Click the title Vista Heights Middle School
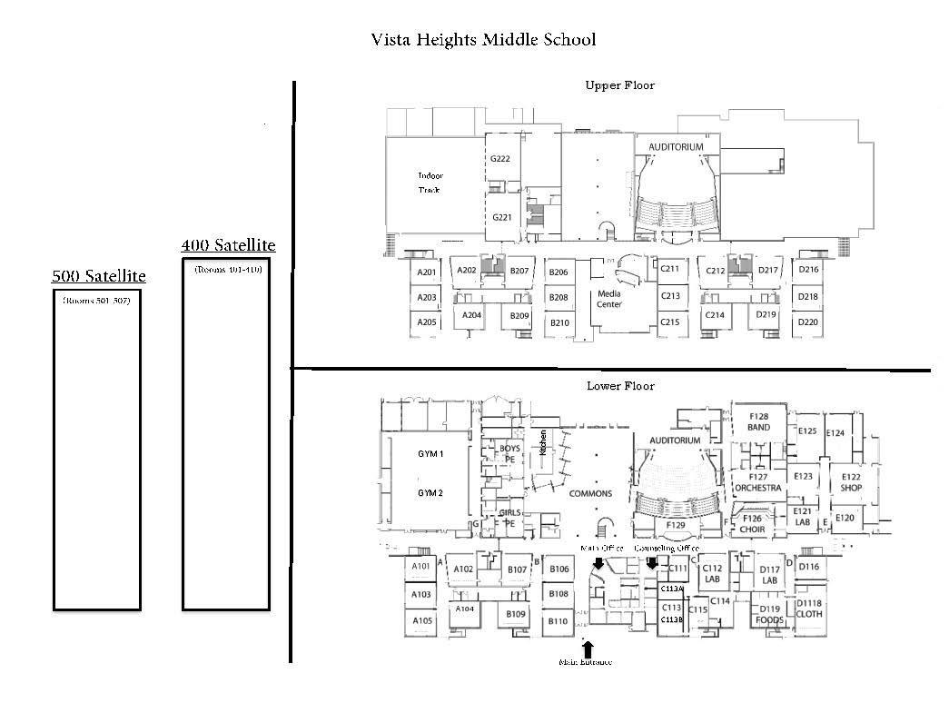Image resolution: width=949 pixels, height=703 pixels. coord(483,40)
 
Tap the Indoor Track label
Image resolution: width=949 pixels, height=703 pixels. coord(430,183)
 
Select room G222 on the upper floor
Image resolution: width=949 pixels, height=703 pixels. coord(500,159)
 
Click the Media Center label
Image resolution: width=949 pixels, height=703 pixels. coord(608,299)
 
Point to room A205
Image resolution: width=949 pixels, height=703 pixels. coord(427,322)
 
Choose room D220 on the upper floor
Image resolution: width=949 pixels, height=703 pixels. coord(808,322)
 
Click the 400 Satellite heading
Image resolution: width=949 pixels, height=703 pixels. coord(228,245)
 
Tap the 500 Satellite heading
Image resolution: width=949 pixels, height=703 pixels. coord(98,276)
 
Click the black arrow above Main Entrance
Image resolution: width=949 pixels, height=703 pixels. coord(588,649)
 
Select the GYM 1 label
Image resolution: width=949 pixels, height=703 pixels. coord(430,453)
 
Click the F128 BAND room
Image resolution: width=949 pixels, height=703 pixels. coord(758,422)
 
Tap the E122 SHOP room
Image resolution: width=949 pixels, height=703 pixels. coord(851,482)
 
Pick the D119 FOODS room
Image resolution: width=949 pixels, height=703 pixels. coord(769,615)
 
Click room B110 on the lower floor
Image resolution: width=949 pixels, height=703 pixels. coord(559,622)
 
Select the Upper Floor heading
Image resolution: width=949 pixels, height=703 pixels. coord(619,85)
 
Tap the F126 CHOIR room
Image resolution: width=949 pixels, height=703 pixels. coord(750,523)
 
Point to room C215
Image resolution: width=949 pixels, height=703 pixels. coord(670,322)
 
